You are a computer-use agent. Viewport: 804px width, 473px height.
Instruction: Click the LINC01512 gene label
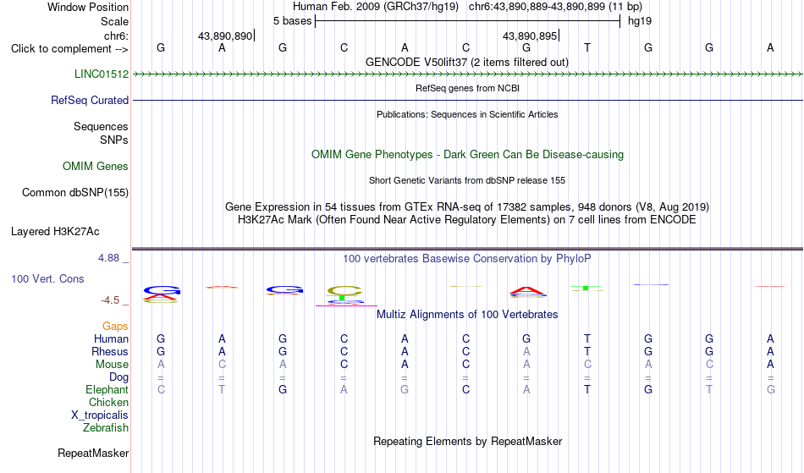click(102, 74)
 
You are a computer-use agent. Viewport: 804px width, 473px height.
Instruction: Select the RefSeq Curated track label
click(90, 100)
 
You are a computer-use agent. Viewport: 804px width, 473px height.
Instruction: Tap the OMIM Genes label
click(96, 166)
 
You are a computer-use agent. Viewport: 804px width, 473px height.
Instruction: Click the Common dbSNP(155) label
click(75, 192)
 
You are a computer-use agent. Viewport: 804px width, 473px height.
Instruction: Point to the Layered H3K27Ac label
click(55, 231)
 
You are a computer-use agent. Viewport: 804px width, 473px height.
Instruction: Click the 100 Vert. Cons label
click(47, 278)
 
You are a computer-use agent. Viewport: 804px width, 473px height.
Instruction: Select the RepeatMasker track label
click(93, 453)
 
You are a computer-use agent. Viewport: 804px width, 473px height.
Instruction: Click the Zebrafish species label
click(106, 427)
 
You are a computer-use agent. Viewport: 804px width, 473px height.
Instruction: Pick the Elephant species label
click(107, 389)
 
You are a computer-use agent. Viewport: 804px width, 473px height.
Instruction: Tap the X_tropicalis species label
click(100, 415)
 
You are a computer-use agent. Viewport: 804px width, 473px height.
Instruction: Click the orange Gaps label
click(115, 326)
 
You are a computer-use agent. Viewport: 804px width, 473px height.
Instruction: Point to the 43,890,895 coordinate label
click(530, 36)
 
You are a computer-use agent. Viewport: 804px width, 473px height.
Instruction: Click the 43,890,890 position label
click(225, 36)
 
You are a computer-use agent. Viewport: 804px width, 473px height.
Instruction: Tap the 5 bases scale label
click(292, 21)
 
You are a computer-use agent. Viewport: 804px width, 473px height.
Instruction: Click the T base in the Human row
click(587, 338)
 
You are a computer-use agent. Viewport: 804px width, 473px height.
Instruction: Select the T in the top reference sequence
click(587, 47)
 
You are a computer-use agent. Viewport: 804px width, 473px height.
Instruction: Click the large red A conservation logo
click(527, 291)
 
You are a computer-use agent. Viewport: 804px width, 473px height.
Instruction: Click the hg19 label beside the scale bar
click(640, 21)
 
